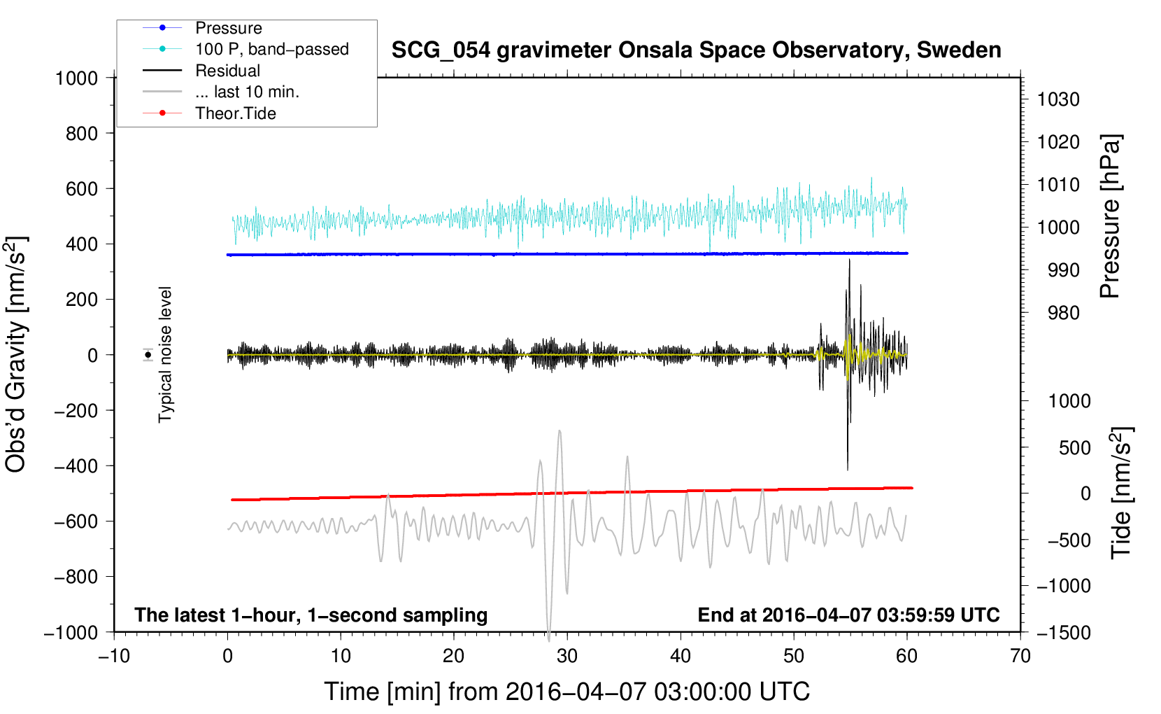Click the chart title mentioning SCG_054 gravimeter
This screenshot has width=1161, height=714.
pyautogui.click(x=696, y=50)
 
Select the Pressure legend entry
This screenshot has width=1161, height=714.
pyautogui.click(x=229, y=28)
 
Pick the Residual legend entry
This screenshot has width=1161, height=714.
pyautogui.click(x=227, y=71)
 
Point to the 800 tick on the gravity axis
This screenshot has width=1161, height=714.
pyautogui.click(x=82, y=134)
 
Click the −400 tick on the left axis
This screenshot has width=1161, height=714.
pyautogui.click(x=76, y=466)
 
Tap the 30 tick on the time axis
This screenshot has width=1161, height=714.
pyautogui.click(x=567, y=656)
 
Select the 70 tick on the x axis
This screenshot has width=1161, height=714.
pyautogui.click(x=1020, y=656)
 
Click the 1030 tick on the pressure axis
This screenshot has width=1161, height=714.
pyautogui.click(x=1058, y=99)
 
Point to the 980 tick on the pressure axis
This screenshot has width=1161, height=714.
pyautogui.click(x=1063, y=313)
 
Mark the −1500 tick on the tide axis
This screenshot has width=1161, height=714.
pyautogui.click(x=1064, y=633)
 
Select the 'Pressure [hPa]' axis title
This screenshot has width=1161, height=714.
pyautogui.click(x=1110, y=216)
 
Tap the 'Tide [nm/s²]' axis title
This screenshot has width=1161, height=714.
pyautogui.click(x=1121, y=493)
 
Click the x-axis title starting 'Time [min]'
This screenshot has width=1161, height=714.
pyautogui.click(x=567, y=692)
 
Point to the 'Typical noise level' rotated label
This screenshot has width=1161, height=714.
pyautogui.click(x=165, y=355)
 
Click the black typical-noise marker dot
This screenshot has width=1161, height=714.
pyautogui.click(x=148, y=355)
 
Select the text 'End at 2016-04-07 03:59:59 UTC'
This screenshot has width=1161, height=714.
pyautogui.click(x=848, y=615)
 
